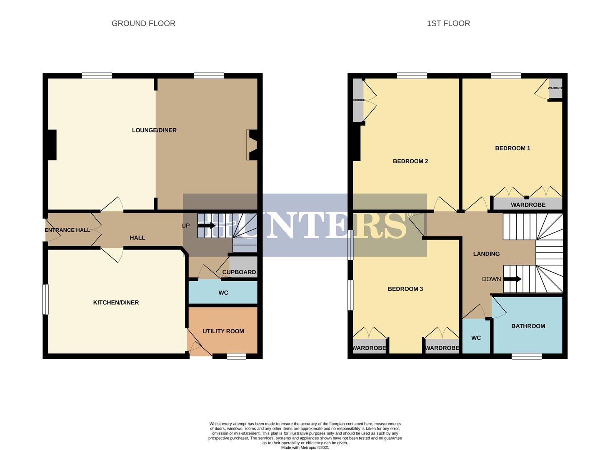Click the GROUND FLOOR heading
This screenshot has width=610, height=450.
[143, 24]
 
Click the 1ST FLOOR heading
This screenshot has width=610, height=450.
[448, 24]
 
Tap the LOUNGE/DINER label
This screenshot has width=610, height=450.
[154, 130]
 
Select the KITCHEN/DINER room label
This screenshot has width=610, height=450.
[116, 302]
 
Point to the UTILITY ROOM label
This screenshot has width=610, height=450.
[223, 331]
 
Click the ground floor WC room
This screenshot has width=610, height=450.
[223, 292]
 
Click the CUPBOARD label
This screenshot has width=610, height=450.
[239, 272]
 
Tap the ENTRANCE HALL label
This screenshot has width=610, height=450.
[67, 230]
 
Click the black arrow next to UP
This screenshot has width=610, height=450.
[207, 225]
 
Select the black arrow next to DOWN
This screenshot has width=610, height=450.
[512, 279]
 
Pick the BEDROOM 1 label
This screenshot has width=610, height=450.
[512, 148]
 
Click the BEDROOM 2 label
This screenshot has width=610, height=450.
[410, 161]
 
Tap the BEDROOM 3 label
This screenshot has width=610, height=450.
[405, 289]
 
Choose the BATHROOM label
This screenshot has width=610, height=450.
[528, 326]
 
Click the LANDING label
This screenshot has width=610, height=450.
[486, 254]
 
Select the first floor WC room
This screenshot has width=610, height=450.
[476, 337]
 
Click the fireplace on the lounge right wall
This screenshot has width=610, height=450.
[252, 145]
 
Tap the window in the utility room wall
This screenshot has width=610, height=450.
[236, 356]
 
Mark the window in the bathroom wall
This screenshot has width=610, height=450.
[527, 356]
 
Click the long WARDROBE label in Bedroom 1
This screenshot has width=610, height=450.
[528, 205]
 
